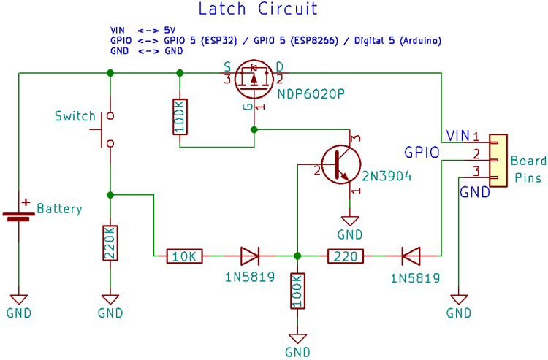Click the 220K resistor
pos(110,243)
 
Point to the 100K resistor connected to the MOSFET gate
pos(180,116)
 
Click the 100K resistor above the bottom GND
pos(297,291)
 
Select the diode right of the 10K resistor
pos(250,256)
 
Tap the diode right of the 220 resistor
pos(411,256)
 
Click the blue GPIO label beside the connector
pos(422,153)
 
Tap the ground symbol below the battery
pos(19,299)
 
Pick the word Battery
pos(59,209)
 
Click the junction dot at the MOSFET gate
pos(254,129)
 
